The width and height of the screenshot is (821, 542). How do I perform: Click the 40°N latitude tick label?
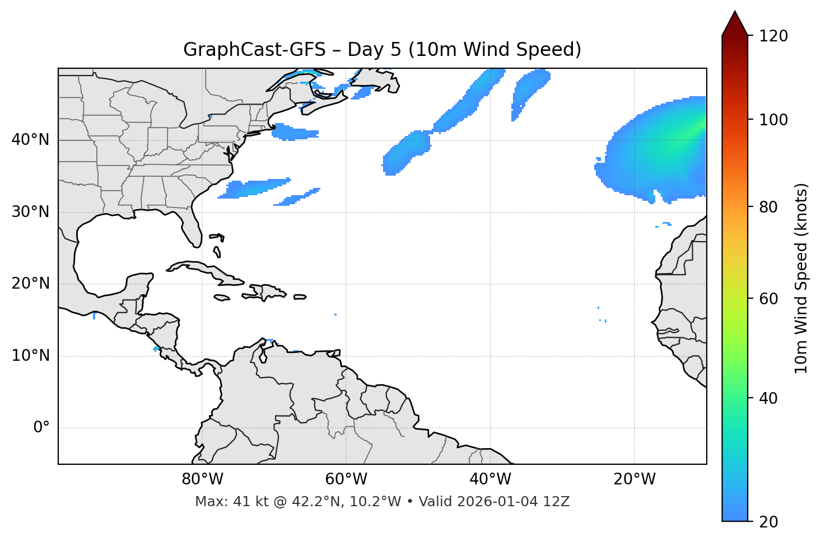30,140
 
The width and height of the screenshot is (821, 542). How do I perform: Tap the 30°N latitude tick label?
30,212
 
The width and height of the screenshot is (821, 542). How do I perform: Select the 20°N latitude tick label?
30,284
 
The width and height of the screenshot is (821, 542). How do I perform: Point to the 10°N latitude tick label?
30,356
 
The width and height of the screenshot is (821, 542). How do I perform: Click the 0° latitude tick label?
41,428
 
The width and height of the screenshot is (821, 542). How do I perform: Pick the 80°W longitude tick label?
202,479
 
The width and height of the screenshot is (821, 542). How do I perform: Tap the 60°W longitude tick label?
346,479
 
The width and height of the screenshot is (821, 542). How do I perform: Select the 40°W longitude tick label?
490,479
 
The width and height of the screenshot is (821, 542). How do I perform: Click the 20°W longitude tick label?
635,479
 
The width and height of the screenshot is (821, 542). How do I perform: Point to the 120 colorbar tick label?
773,36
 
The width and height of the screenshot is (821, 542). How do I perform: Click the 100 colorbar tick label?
773,120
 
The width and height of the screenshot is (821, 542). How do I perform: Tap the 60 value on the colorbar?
769,299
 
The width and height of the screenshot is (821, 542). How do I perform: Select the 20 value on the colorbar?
769,522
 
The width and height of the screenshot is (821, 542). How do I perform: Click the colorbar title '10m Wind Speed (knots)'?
801,278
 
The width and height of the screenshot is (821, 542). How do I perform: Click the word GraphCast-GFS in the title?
254,50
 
